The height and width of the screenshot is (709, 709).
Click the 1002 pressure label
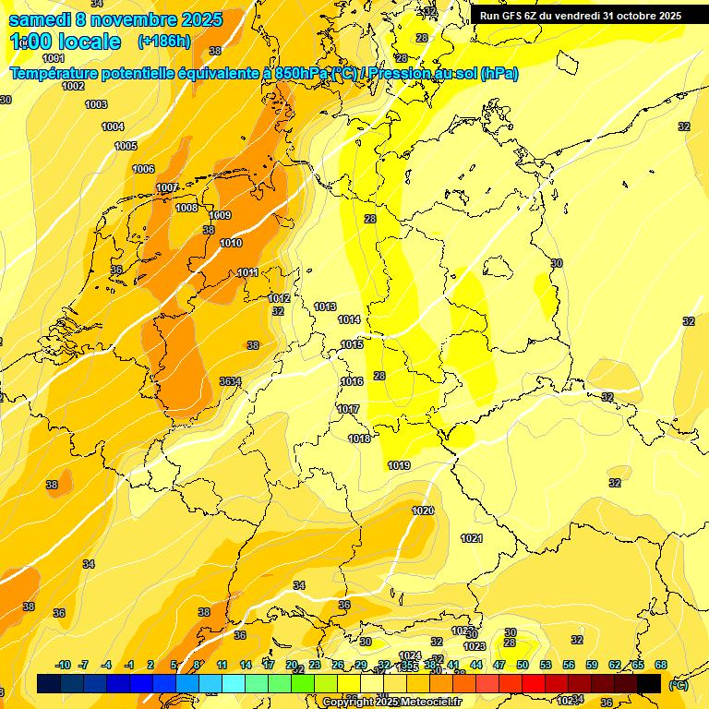click(x=74, y=86)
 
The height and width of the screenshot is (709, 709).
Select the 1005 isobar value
click(x=126, y=146)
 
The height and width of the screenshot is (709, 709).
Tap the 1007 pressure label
click(x=166, y=187)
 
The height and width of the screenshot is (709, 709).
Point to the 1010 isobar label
click(x=231, y=243)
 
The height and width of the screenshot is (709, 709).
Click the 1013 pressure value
click(x=325, y=306)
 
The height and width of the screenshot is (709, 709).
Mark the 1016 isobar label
click(x=352, y=381)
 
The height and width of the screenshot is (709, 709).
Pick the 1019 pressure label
click(x=399, y=465)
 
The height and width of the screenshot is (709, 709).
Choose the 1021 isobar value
click(x=472, y=538)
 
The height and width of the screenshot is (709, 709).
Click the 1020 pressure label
click(x=423, y=511)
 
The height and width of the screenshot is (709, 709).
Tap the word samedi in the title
click(x=41, y=19)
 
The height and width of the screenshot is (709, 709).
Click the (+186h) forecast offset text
click(x=163, y=42)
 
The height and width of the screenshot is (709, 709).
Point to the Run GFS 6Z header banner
click(x=581, y=15)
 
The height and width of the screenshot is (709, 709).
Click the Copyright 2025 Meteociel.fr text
click(x=393, y=702)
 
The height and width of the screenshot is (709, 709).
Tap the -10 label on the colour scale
click(x=64, y=665)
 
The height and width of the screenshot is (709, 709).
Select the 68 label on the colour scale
click(x=661, y=665)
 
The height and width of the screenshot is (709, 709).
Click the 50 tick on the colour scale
click(x=523, y=665)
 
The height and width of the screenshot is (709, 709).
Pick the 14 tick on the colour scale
click(x=246, y=665)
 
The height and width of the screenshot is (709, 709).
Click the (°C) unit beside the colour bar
click(x=679, y=684)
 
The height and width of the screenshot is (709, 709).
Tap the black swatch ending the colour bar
click(x=649, y=683)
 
